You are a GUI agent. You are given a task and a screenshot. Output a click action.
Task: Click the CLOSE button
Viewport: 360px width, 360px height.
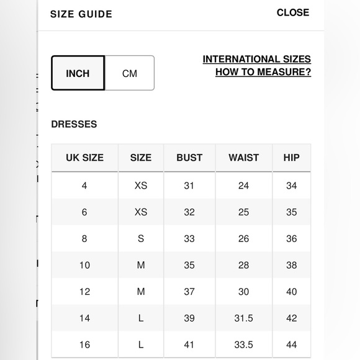point(293,12)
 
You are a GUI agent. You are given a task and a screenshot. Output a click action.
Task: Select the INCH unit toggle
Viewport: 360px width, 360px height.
point(78,73)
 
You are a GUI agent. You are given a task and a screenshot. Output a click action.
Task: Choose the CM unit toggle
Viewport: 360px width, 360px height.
point(130,73)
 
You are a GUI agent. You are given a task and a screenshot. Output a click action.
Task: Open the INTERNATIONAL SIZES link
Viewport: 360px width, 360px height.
point(257,60)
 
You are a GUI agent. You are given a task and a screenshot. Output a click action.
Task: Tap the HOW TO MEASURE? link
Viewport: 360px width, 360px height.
point(263,72)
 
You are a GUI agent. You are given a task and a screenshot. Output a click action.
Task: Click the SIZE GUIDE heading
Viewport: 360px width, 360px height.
point(81,14)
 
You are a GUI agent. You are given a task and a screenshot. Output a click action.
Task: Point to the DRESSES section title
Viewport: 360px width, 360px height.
point(74,124)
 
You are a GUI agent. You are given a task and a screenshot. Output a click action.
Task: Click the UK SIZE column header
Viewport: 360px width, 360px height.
point(84,158)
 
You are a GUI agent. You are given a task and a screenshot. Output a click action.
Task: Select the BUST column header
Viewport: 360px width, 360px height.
point(189,158)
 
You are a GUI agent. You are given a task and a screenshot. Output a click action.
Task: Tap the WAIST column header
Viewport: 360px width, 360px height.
point(243,158)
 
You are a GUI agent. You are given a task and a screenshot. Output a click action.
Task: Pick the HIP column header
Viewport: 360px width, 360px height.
point(291,158)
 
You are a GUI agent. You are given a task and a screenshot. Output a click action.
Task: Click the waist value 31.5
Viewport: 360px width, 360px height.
point(243,318)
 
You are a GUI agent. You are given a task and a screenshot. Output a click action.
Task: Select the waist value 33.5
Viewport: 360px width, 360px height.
point(243,344)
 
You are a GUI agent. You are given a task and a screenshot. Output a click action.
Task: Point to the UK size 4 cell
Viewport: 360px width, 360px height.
point(84,186)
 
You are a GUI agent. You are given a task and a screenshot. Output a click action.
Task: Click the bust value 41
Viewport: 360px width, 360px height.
point(189,344)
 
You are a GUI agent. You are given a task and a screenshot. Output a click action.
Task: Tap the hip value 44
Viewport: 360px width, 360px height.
point(291,344)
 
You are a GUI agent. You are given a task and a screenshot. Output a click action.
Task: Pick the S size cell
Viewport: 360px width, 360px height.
point(141,238)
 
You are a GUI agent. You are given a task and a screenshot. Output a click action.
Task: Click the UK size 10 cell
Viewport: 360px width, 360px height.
point(84,265)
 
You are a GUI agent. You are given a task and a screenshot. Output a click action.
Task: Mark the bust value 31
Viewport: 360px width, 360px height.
point(189,186)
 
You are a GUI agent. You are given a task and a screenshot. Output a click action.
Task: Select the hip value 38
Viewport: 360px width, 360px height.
point(291,265)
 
